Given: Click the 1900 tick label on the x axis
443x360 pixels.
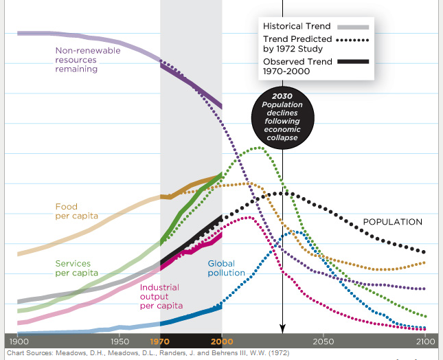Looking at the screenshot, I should pos(19,341).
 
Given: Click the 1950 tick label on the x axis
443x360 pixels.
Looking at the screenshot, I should pos(119,341).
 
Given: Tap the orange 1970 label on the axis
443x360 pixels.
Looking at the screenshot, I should pos(160,341).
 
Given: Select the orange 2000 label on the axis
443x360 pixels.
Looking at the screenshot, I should pos(222,341).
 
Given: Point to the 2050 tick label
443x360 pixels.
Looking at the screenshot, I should pos(323,341).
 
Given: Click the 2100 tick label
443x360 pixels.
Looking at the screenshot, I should pos(425,341).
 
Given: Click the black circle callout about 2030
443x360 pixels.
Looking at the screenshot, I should pos(282,118).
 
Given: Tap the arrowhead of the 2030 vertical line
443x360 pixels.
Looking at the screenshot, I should pos(282,328).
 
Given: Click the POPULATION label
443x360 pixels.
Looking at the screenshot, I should pos(392,222).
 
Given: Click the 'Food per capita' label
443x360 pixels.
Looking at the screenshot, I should pos(76,211).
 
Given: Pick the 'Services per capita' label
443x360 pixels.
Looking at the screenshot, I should pos(76,268).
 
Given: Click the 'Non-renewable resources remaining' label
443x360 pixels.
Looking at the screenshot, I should pos(87,60).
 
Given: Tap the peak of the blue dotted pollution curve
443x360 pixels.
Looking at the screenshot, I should pos(297,232).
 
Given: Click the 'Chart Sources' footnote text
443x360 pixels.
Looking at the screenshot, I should pos(148,353).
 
